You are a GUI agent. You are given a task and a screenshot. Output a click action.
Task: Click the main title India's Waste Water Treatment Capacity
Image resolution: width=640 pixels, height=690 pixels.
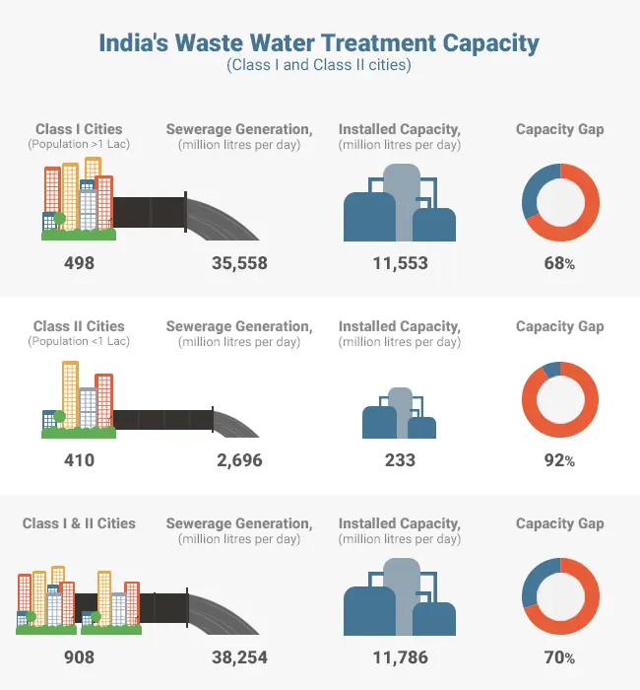[x=319, y=43]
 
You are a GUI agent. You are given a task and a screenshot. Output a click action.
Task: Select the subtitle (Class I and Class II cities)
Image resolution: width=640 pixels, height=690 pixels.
[x=319, y=66]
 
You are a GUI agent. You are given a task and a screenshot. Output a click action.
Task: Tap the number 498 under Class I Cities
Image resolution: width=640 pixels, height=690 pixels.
[x=79, y=263]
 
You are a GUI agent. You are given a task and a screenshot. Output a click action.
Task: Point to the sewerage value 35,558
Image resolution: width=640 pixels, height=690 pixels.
[x=239, y=263]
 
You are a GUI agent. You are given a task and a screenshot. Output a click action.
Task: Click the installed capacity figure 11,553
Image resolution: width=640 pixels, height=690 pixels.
[x=399, y=263]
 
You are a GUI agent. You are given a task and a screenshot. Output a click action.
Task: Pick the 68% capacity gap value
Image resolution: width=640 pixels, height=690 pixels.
[x=559, y=263]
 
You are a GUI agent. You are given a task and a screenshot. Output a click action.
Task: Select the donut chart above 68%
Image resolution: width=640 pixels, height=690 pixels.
[x=559, y=201]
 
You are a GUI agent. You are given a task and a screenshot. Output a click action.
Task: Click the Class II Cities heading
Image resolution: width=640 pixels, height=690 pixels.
[x=79, y=326]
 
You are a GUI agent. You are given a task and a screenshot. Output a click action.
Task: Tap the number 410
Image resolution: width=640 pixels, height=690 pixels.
[x=79, y=459]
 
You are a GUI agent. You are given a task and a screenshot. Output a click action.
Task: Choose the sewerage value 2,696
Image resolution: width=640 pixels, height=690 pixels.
[x=239, y=459]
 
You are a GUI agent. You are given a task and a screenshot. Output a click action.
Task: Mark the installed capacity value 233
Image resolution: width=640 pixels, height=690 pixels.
[x=399, y=459]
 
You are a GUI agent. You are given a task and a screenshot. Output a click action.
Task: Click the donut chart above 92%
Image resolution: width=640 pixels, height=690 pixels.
[x=559, y=399]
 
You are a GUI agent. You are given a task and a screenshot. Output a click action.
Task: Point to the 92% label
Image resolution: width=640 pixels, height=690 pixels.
[x=559, y=459]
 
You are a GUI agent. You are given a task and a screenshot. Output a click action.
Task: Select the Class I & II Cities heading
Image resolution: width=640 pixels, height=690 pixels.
[x=79, y=523]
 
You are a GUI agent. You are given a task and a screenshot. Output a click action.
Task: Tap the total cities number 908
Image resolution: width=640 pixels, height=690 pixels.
[x=79, y=657]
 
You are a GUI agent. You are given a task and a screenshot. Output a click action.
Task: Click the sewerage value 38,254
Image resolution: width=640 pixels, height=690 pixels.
[x=239, y=657]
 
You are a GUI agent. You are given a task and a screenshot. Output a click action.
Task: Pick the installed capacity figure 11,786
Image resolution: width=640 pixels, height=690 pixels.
[x=399, y=657]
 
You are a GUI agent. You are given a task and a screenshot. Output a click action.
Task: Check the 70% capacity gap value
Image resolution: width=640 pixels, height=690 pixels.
[x=559, y=657]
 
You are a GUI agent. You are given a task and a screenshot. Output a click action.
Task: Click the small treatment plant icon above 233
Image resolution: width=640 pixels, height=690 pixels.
[x=399, y=414]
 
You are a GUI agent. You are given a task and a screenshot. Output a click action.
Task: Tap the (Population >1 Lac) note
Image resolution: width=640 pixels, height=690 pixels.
[x=79, y=145]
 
